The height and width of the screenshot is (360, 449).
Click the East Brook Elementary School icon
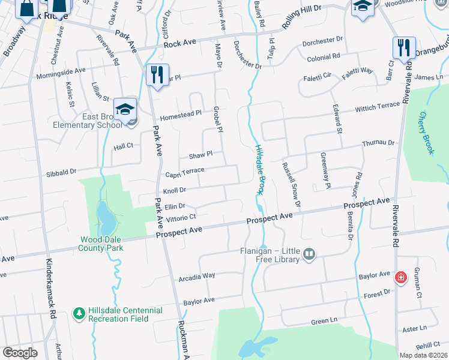[x=125, y=109]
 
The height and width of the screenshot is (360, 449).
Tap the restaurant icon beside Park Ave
[x=157, y=74]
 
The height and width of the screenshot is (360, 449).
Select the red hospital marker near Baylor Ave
[x=400, y=278]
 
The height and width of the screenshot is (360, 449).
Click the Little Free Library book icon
[x=309, y=255]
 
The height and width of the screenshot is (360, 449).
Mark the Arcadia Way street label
[x=197, y=276]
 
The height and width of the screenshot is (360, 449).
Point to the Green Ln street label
[x=323, y=322]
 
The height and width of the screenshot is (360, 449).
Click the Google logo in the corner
[x=20, y=353]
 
